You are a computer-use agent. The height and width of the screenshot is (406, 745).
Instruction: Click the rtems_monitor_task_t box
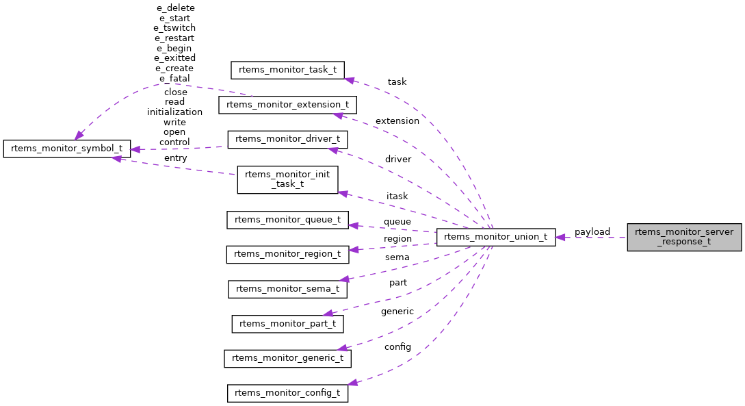tap(287, 70)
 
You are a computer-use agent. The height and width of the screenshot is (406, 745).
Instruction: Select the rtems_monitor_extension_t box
tap(287, 105)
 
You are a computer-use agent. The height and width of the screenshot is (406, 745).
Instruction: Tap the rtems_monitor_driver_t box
tap(287, 139)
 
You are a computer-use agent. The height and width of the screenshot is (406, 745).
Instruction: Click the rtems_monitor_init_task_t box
tap(287, 179)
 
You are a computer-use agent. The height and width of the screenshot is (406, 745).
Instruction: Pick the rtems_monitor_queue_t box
tap(287, 220)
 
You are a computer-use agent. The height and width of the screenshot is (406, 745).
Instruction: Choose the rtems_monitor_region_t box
tap(287, 254)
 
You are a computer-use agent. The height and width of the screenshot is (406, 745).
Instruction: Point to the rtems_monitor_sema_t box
tap(287, 289)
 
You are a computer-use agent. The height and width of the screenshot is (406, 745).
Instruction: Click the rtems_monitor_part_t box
tap(287, 324)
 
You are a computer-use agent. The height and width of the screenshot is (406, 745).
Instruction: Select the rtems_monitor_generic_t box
tap(287, 358)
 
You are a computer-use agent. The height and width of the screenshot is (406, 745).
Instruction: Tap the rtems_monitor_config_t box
tap(287, 393)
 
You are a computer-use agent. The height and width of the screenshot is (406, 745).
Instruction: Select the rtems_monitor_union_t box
tap(496, 238)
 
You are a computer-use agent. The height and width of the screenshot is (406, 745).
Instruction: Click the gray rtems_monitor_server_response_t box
tap(684, 237)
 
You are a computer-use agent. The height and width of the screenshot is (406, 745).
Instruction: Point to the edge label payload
tap(592, 232)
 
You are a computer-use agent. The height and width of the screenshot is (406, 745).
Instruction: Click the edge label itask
tap(397, 196)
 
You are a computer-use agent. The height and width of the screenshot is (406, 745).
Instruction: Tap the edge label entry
tap(175, 158)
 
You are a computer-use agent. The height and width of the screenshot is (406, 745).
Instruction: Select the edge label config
tap(397, 347)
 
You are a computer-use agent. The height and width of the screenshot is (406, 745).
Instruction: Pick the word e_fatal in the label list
tap(174, 79)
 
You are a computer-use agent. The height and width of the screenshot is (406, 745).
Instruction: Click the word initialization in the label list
tap(174, 112)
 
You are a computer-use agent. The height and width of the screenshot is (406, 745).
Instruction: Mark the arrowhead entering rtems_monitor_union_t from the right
tap(560, 238)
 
